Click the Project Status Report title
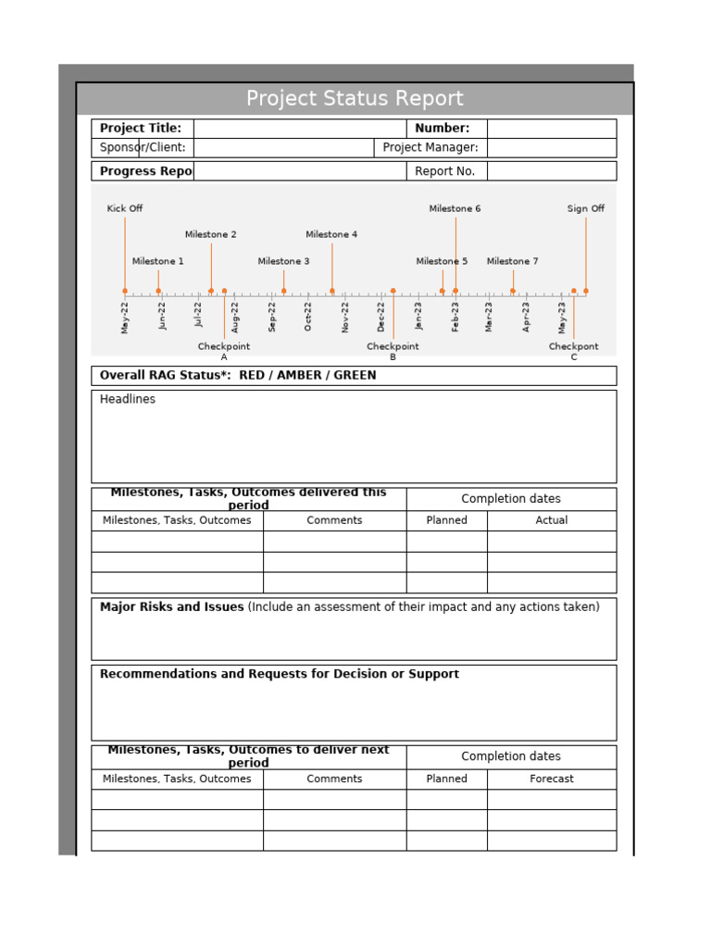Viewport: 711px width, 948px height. tap(355, 99)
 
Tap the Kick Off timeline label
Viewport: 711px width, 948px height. tap(125, 209)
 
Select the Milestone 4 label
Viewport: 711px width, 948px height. tap(331, 235)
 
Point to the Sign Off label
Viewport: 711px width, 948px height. tap(585, 209)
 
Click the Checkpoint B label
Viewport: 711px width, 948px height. tap(393, 351)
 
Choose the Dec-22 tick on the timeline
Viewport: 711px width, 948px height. tap(380, 315)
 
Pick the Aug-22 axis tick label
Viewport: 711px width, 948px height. tap(235, 316)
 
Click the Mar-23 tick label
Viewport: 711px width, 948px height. tap(490, 316)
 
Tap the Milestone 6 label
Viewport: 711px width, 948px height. tap(455, 209)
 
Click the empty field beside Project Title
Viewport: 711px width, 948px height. tap(300, 129)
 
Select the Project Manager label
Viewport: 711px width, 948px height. tap(430, 148)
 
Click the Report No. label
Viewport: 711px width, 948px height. tap(445, 171)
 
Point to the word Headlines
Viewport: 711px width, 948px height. tap(128, 400)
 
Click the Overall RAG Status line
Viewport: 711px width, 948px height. tap(239, 376)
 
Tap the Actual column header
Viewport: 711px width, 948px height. tap(552, 520)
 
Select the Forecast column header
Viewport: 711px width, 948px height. tap(552, 780)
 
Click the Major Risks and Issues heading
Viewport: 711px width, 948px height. tap(172, 607)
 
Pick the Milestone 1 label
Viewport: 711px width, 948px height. tap(158, 262)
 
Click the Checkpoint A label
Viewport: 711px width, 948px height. tap(224, 351)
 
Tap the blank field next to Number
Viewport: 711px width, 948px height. tap(552, 129)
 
